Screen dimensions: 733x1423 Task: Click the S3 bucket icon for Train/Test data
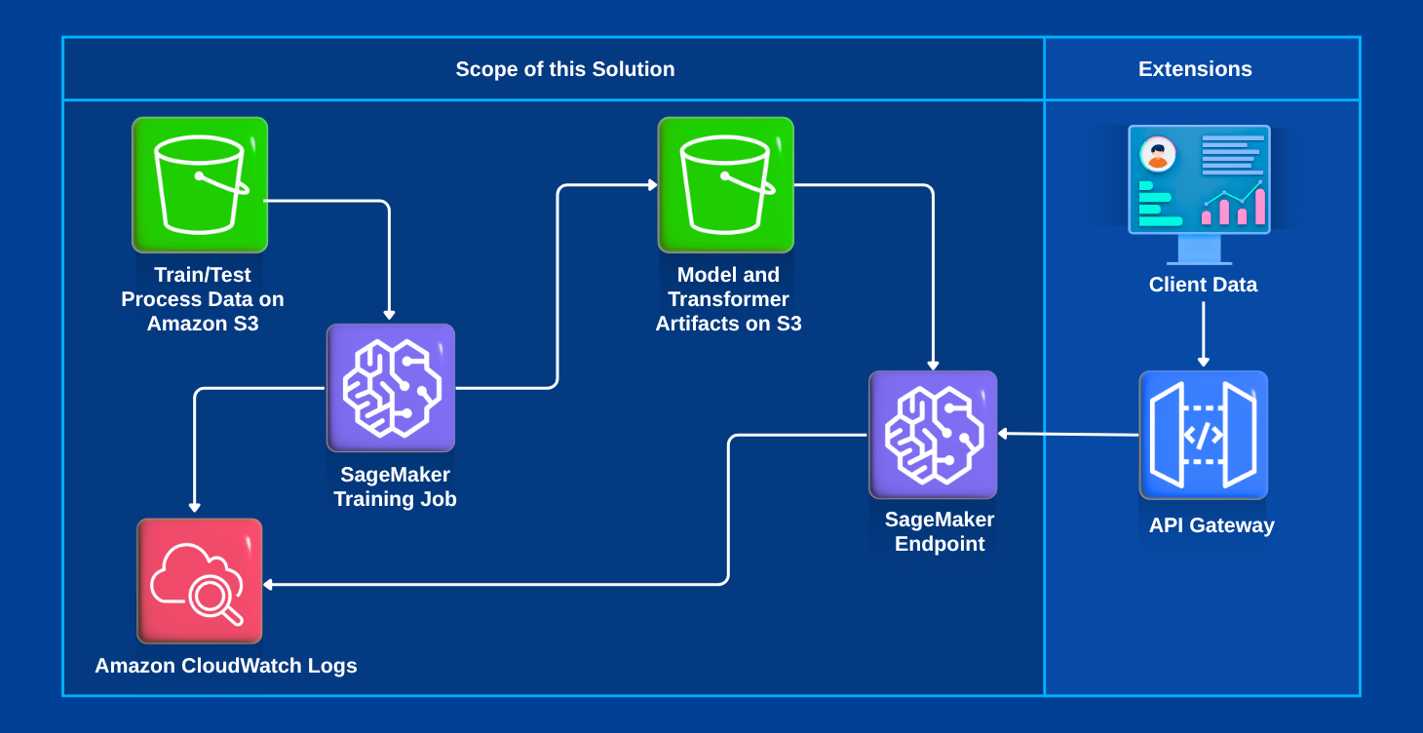point(200,184)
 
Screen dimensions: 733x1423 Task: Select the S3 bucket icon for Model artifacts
point(726,184)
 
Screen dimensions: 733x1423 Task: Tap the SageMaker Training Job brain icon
point(391,388)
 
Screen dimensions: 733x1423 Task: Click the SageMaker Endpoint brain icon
point(933,435)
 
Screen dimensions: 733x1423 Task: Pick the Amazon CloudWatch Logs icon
point(200,581)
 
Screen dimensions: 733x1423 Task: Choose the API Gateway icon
point(1203,435)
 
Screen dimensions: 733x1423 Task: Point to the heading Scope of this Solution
point(565,69)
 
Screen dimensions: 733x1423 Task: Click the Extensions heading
point(1195,69)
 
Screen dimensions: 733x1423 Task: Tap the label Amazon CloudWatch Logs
point(226,666)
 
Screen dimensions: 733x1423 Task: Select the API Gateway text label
point(1211,525)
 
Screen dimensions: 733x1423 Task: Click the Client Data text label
point(1203,285)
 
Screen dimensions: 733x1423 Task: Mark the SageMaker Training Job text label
point(395,486)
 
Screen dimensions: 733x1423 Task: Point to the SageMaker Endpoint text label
point(940,531)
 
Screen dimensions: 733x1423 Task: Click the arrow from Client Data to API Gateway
point(1203,334)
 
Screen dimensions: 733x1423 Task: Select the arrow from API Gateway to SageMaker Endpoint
point(1068,435)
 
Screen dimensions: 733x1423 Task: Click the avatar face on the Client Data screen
point(1158,153)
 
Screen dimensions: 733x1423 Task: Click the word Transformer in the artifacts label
point(728,299)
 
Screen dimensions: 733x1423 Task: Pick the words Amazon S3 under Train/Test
point(203,324)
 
